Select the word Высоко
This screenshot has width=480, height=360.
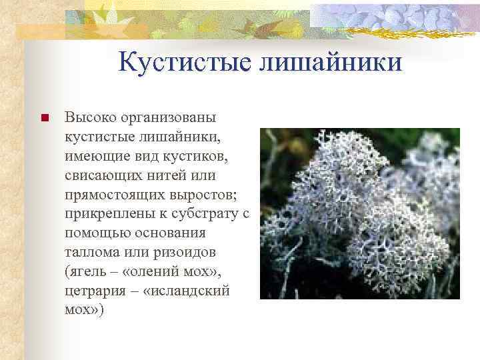pos(90,118)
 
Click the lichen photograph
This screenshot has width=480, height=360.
pos(359,213)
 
